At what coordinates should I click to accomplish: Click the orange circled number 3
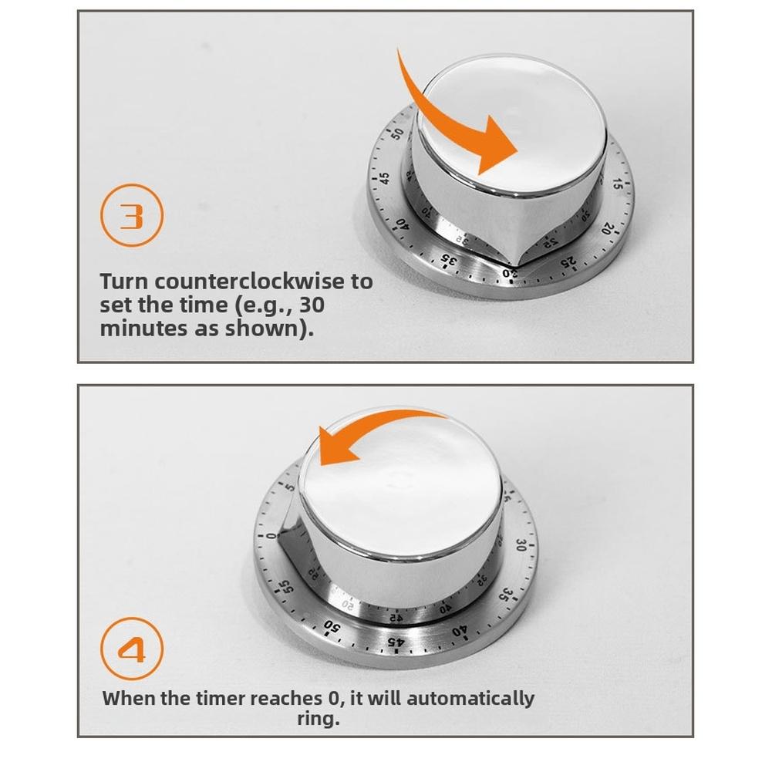pos(133,215)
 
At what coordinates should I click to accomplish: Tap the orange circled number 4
pos(133,649)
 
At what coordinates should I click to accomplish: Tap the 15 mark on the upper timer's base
pos(617,184)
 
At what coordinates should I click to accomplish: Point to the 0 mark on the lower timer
pos(271,534)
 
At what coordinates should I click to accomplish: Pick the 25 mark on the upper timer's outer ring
pos(568,264)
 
